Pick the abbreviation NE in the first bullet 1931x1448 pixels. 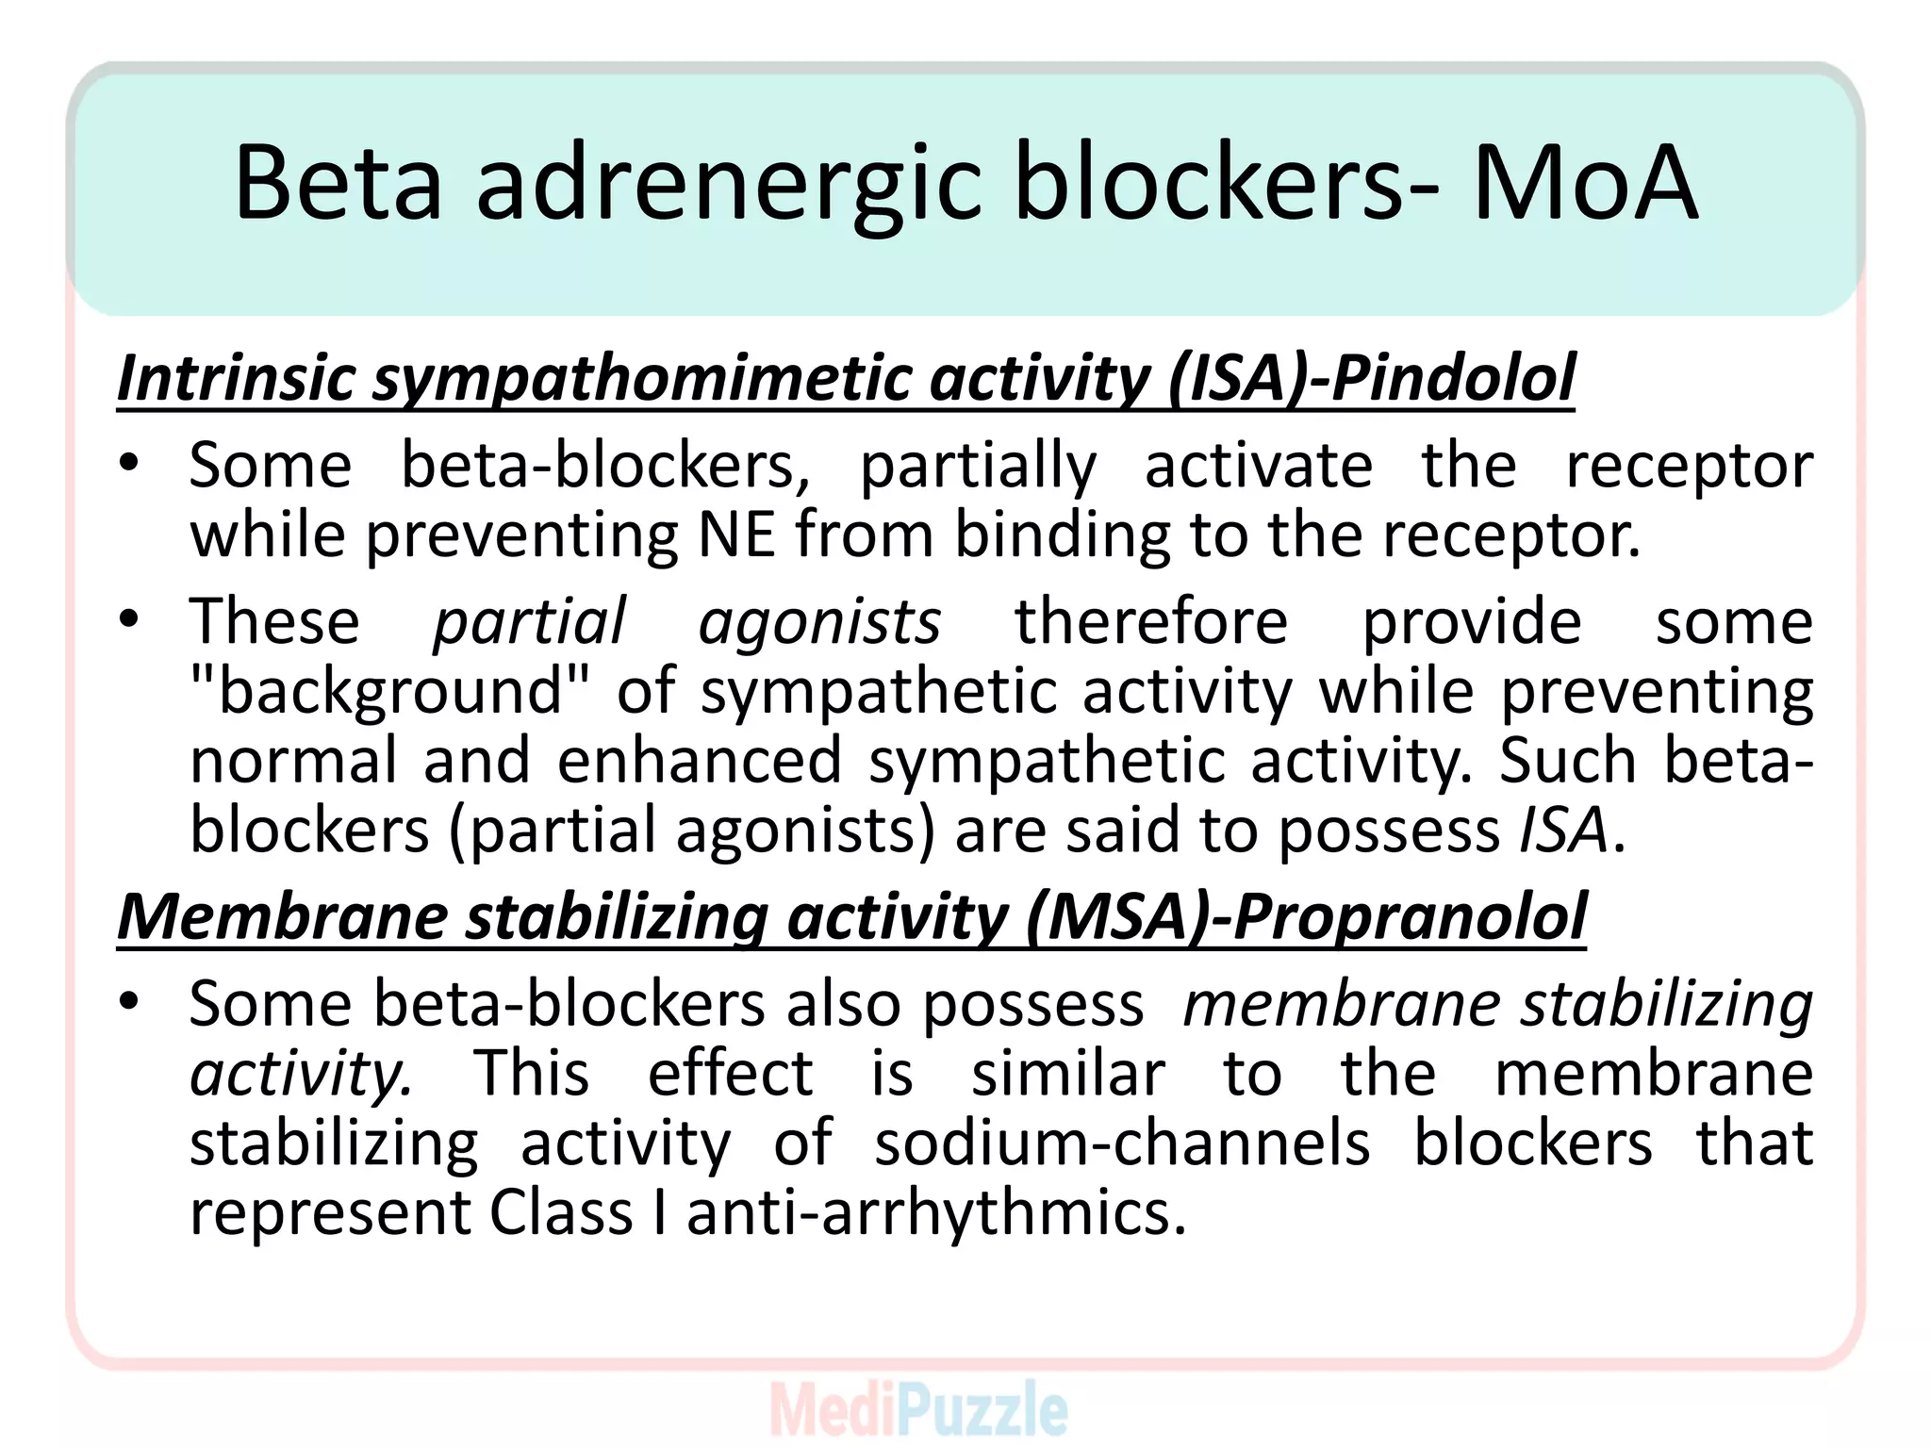(736, 535)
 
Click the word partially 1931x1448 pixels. (978, 467)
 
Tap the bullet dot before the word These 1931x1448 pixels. (130, 619)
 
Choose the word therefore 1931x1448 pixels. (1151, 621)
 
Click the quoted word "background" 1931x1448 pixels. (389, 692)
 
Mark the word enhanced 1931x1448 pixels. (699, 761)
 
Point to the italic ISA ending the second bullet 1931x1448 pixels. (1562, 831)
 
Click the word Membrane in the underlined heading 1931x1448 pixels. (282, 916)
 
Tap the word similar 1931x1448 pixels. (1068, 1074)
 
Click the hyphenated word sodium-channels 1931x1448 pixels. (1122, 1143)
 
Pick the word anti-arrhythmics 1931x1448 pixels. (935, 1212)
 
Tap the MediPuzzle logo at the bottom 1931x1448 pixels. (919, 1409)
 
